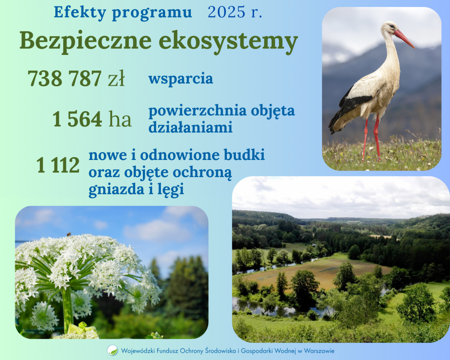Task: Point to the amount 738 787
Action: pos(65,79)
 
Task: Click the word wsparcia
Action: pos(181,79)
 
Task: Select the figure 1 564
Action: pos(77,119)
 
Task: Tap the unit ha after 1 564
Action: pos(120,119)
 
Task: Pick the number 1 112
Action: pos(58,165)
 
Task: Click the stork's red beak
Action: pos(404,38)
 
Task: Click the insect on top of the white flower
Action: pos(69,235)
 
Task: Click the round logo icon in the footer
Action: pos(112,350)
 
